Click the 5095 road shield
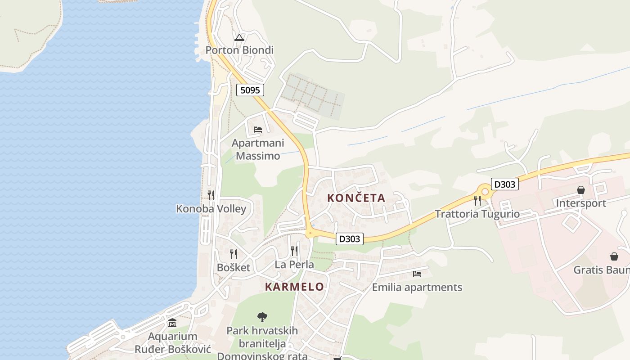(x=250, y=90)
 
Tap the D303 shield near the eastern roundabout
(x=505, y=184)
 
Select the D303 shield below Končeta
(x=350, y=239)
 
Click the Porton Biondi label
(x=239, y=50)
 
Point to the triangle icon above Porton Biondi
(x=239, y=37)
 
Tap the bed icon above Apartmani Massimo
(x=258, y=129)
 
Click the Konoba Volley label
(x=211, y=209)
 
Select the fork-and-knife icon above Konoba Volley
(x=211, y=195)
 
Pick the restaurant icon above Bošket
(x=233, y=254)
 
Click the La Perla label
(x=294, y=265)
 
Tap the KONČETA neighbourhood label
(x=356, y=198)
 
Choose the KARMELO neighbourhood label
(x=294, y=287)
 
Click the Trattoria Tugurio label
(x=477, y=214)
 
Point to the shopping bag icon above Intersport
(x=581, y=190)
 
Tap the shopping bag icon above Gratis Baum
(x=614, y=256)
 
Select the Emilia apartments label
(x=417, y=287)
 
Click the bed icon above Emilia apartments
(x=417, y=274)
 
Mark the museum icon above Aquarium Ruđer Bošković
(x=172, y=323)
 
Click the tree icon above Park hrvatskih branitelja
(x=262, y=317)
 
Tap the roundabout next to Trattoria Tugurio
(x=485, y=191)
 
